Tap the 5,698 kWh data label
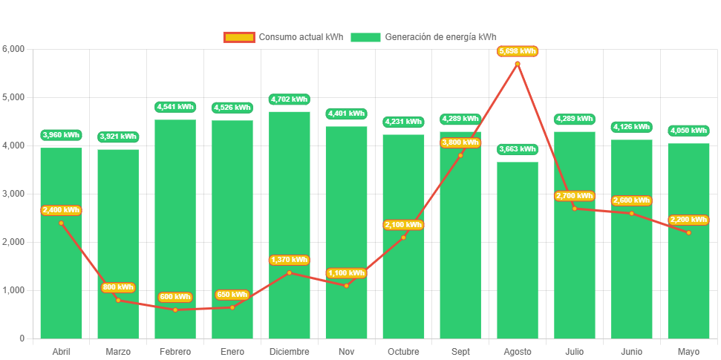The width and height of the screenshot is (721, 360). pyautogui.click(x=518, y=51)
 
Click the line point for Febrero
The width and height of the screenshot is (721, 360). pyautogui.click(x=175, y=310)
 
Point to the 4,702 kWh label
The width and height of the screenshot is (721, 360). pyautogui.click(x=289, y=99)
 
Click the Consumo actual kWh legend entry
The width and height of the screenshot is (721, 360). pyautogui.click(x=284, y=37)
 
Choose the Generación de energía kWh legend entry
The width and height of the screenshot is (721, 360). pyautogui.click(x=424, y=37)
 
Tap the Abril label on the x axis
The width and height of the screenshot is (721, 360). pyautogui.click(x=61, y=351)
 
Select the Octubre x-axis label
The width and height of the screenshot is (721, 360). pyautogui.click(x=403, y=351)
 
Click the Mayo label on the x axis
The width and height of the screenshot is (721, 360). pyautogui.click(x=688, y=351)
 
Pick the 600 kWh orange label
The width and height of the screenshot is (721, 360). pyautogui.click(x=175, y=298)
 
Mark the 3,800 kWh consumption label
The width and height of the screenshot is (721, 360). pyautogui.click(x=460, y=143)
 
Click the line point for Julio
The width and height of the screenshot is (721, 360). pyautogui.click(x=575, y=208)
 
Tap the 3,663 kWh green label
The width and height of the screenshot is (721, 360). pyautogui.click(x=518, y=149)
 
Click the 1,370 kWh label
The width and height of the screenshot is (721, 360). pyautogui.click(x=289, y=260)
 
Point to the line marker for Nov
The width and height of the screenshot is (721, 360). pyautogui.click(x=346, y=286)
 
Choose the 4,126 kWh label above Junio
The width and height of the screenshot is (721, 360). pyautogui.click(x=631, y=127)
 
